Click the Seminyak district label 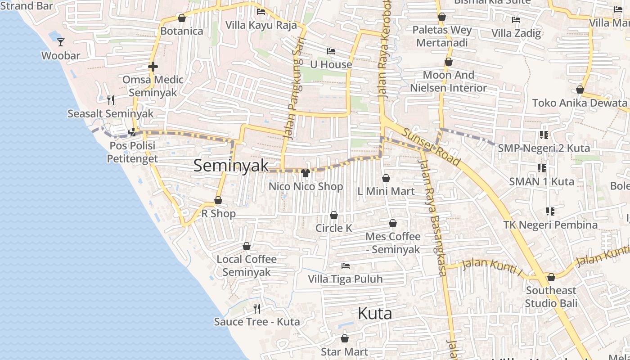point(231,166)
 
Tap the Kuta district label point(374,314)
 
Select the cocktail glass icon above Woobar point(61,42)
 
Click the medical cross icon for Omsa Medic point(153,67)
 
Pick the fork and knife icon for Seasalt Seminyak point(111,100)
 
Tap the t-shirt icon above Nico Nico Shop point(306,173)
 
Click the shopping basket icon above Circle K point(334,215)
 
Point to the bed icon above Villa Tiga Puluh point(346,266)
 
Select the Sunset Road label point(431,147)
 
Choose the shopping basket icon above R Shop point(218,200)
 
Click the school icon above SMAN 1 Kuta point(542,168)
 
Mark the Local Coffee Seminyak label point(247,265)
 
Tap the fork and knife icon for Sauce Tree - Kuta point(257,308)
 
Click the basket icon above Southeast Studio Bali point(551,277)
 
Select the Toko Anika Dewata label point(580,103)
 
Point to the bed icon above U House point(331,51)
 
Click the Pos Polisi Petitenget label point(132,152)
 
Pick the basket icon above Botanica point(182,18)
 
